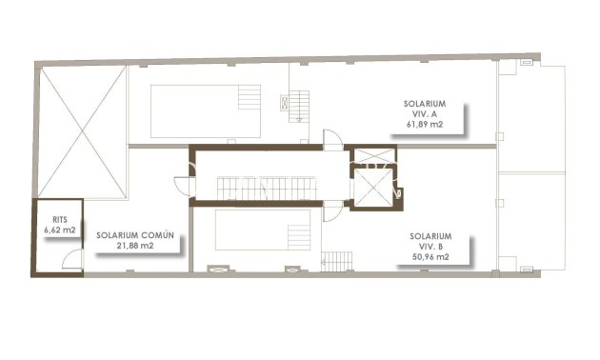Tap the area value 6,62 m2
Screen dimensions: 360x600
click(59, 230)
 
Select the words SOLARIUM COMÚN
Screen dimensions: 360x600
click(140, 234)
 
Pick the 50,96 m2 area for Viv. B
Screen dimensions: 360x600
click(430, 257)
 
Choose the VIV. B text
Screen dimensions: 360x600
click(430, 246)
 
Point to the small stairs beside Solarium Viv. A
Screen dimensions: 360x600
click(300, 104)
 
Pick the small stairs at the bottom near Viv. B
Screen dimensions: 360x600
click(338, 260)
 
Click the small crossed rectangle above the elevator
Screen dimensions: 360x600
click(372, 155)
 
